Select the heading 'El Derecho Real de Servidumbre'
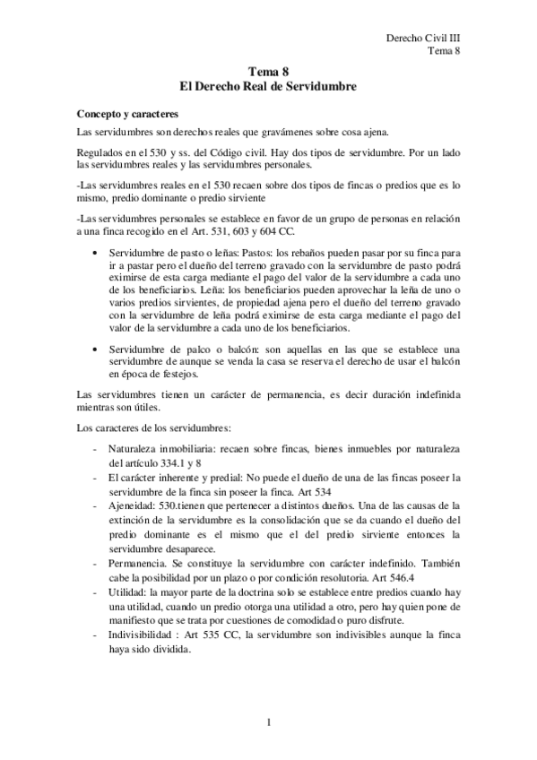pos(269,88)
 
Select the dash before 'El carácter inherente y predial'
pos(96,477)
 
